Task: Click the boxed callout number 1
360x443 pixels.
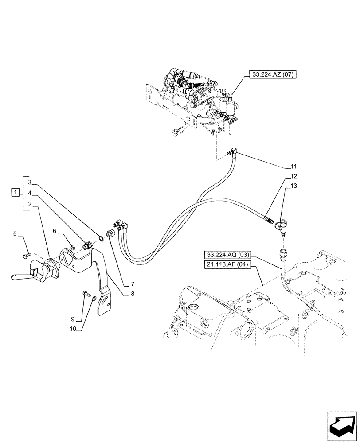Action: pyautogui.click(x=16, y=193)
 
